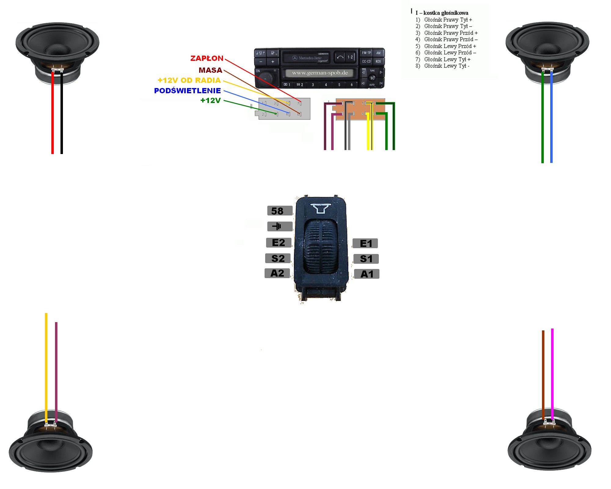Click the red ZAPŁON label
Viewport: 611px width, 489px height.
click(x=207, y=58)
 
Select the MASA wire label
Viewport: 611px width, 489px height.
click(x=210, y=70)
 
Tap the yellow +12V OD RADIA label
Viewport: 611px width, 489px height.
click(x=189, y=80)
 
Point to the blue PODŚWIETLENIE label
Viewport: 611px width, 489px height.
click(x=187, y=90)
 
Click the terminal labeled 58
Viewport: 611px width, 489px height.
click(x=280, y=211)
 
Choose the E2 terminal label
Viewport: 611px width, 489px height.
click(x=278, y=242)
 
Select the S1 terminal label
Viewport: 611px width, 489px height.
click(x=366, y=259)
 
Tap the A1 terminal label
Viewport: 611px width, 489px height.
click(x=367, y=274)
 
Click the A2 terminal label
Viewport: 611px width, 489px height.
click(x=277, y=273)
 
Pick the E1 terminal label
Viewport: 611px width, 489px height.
click(x=365, y=243)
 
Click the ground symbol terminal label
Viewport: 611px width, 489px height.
click(x=280, y=226)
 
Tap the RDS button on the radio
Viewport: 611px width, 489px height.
click(x=378, y=61)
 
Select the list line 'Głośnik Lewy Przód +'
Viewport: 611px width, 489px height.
click(x=450, y=46)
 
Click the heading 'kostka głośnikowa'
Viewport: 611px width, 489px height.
click(x=445, y=13)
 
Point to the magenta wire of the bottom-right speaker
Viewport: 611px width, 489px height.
click(x=552, y=373)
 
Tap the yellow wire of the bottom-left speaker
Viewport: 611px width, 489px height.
click(x=46, y=367)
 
